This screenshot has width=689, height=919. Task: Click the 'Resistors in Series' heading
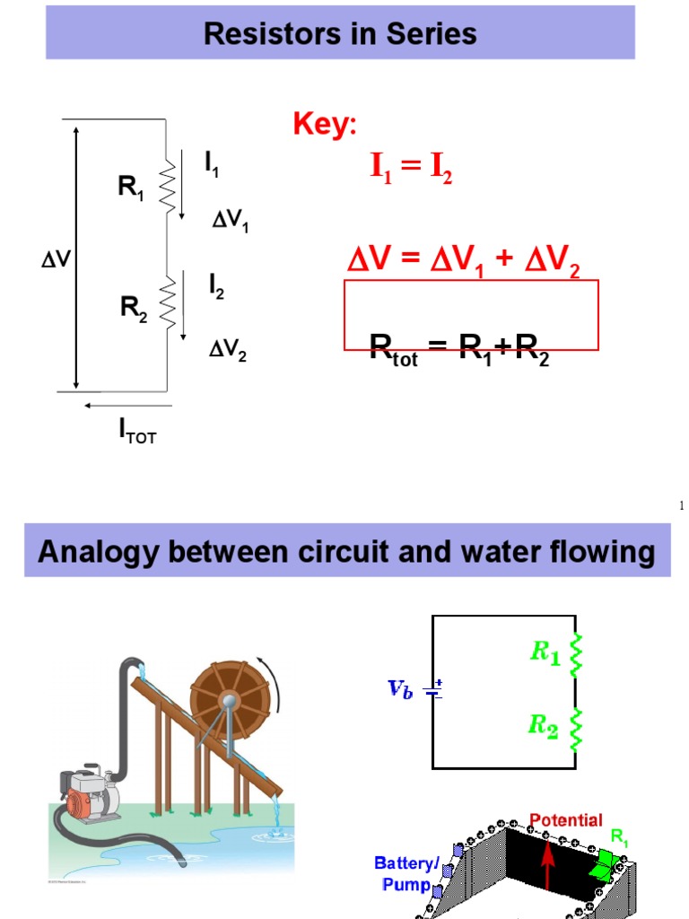click(x=340, y=34)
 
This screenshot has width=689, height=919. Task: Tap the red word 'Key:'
click(x=324, y=126)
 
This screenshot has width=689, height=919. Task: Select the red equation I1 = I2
click(x=412, y=168)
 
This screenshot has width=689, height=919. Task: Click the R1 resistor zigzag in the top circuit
click(x=167, y=187)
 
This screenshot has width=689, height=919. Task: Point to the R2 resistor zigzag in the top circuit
click(x=167, y=300)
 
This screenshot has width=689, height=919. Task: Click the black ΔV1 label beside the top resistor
click(x=230, y=221)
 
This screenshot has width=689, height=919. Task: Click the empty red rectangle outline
click(x=472, y=314)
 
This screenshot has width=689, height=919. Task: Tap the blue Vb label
click(x=400, y=689)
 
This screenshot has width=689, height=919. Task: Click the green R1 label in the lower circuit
click(x=545, y=652)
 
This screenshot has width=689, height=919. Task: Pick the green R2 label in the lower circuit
click(x=544, y=725)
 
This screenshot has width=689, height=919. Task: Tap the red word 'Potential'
click(x=566, y=819)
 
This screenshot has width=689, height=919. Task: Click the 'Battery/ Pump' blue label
click(x=407, y=873)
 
